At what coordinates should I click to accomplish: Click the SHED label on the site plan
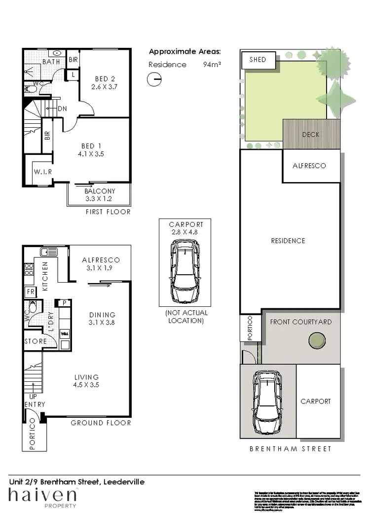(x=258, y=60)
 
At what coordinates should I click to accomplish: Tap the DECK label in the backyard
(x=311, y=134)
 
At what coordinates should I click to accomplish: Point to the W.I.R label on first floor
(x=43, y=171)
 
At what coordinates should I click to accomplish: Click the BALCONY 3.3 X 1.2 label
(x=100, y=195)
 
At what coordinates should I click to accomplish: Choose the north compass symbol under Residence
(x=154, y=79)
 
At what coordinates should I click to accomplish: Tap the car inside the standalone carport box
(x=185, y=271)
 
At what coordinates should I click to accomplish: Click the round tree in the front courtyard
(x=317, y=340)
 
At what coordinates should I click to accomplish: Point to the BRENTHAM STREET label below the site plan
(x=290, y=449)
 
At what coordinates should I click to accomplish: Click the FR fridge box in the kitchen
(x=30, y=292)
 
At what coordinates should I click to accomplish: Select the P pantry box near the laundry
(x=64, y=303)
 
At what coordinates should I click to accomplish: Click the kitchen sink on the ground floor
(x=49, y=252)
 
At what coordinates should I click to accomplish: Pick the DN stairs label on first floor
(x=62, y=109)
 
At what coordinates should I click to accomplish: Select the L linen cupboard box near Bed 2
(x=73, y=74)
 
